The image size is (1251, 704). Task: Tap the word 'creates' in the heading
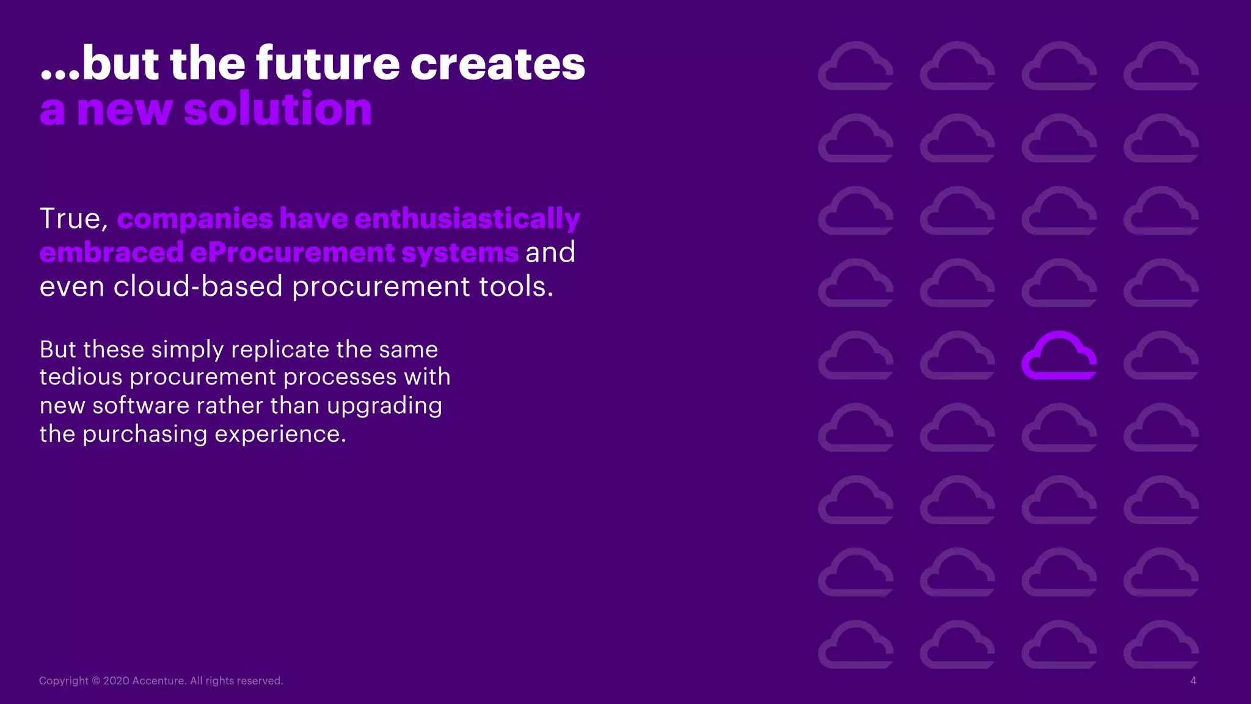coord(497,64)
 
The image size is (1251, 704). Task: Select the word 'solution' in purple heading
coord(277,109)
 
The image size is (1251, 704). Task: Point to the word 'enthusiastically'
coord(467,219)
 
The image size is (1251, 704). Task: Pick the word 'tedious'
coord(81,377)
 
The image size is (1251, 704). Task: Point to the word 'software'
coord(140,406)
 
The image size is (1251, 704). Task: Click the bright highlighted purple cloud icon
coord(1059,356)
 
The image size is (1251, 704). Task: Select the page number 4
coord(1192,681)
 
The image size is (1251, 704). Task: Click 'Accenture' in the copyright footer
coord(158,681)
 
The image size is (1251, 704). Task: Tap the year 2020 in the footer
coord(116,681)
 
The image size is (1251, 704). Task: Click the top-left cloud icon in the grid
coord(855,67)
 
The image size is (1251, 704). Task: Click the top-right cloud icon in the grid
coord(1161,67)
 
